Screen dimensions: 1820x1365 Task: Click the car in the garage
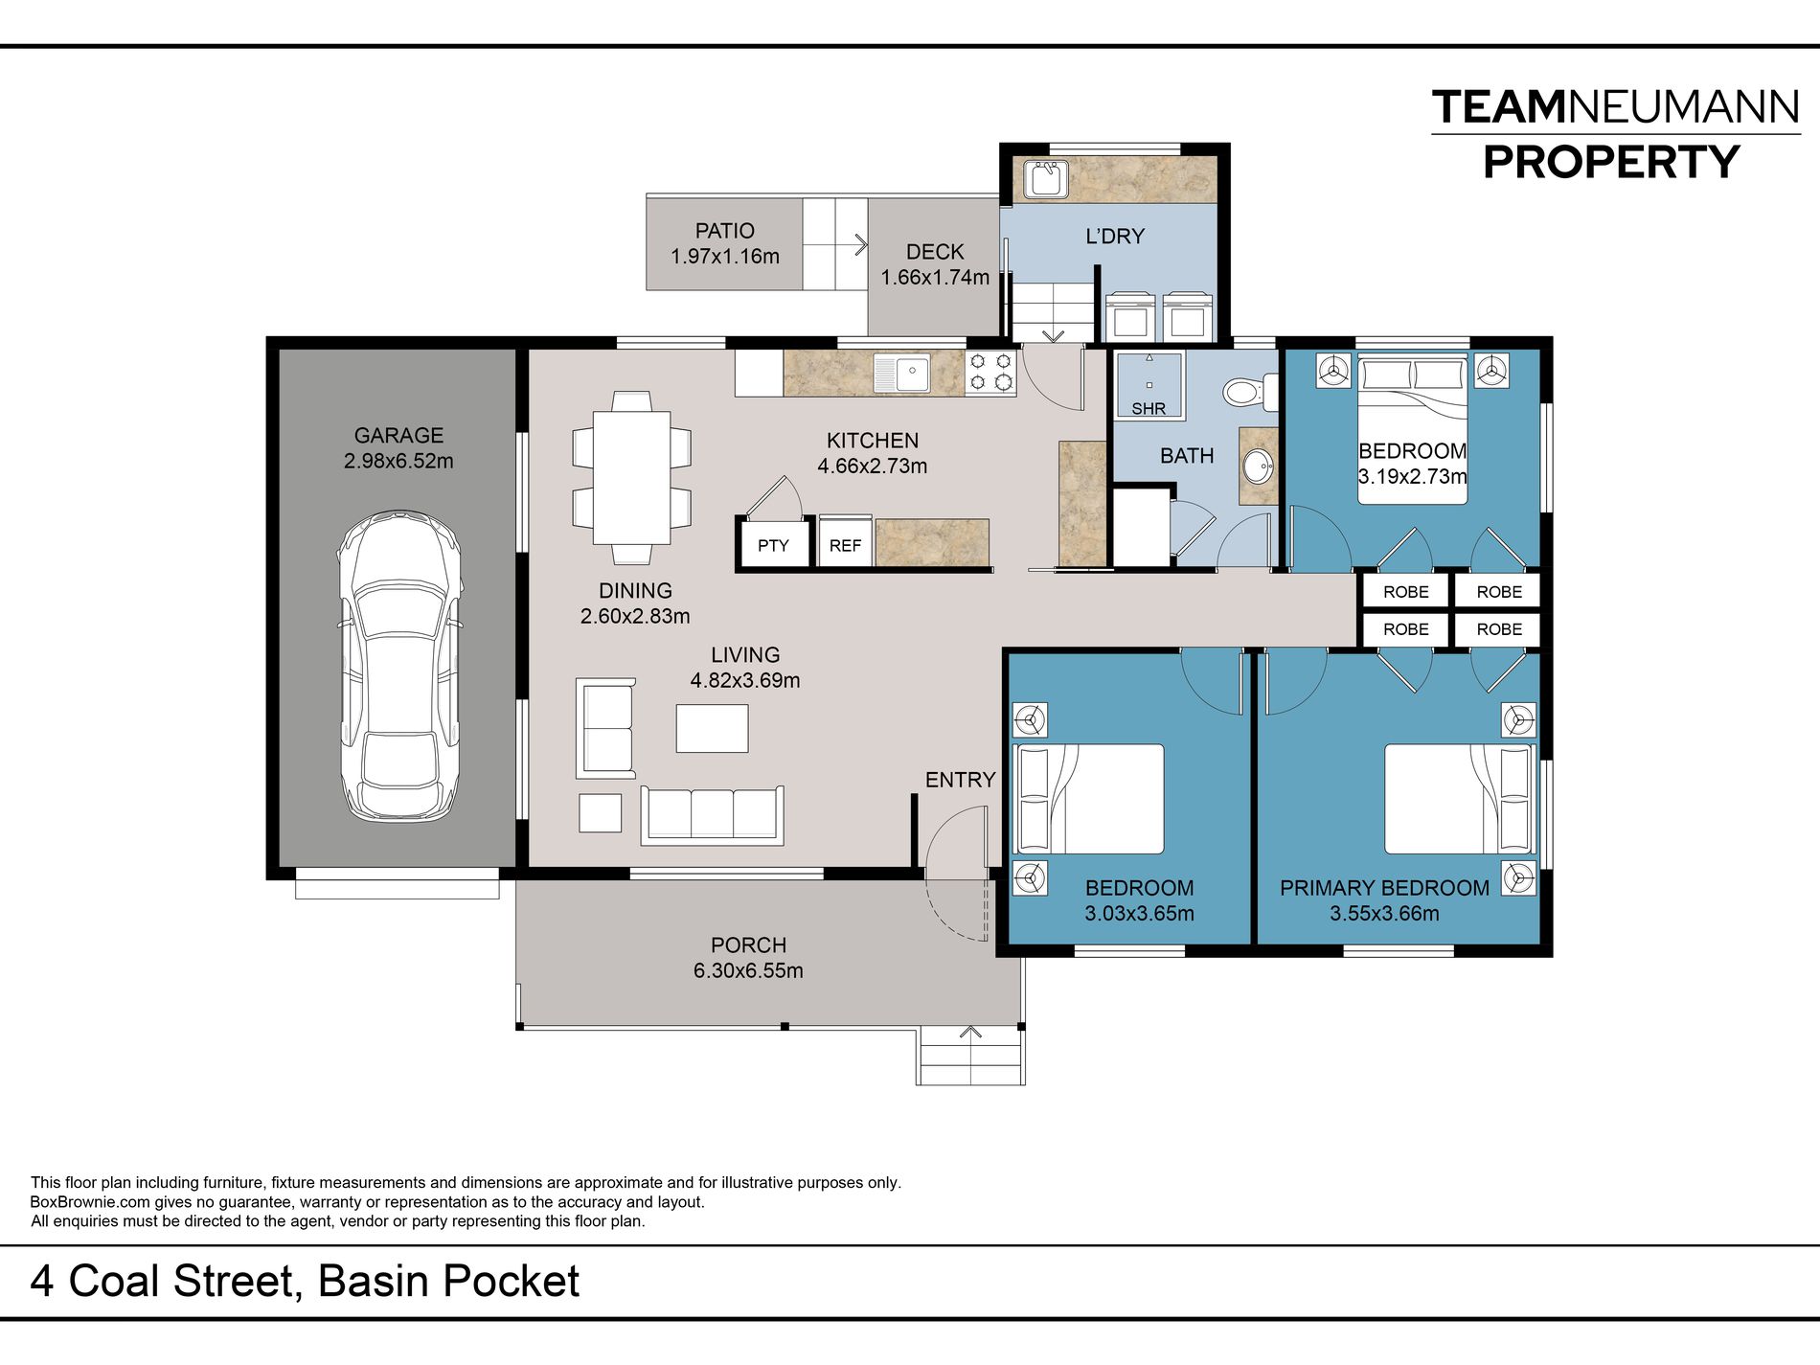point(398,667)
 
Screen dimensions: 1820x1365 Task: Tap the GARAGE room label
point(398,436)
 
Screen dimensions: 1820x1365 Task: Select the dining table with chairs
point(631,477)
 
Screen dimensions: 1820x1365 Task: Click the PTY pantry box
point(773,545)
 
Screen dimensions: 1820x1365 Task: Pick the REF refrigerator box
point(845,545)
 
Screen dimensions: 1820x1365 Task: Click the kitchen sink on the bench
point(901,372)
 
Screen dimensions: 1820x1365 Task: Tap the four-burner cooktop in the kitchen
point(990,373)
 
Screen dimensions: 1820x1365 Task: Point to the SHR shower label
point(1149,409)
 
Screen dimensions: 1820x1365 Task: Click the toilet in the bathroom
point(1250,392)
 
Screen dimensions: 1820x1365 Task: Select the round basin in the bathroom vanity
point(1258,467)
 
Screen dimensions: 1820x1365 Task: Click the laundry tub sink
point(1045,180)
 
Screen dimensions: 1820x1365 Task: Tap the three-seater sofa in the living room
point(712,815)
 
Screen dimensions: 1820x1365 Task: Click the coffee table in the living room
point(712,728)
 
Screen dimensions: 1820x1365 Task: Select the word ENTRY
point(960,781)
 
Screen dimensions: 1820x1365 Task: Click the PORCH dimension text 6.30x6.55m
point(748,970)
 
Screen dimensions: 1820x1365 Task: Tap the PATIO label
point(725,231)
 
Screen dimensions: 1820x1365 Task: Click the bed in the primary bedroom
point(1460,799)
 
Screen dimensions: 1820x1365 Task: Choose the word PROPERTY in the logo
point(1611,162)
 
